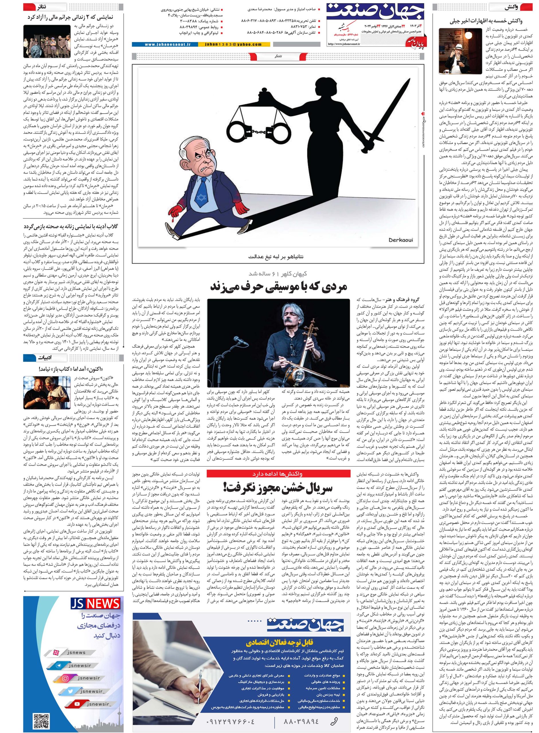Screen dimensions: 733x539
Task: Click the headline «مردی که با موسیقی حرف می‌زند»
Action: point(278,287)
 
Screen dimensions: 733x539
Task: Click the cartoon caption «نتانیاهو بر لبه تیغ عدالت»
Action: point(278,256)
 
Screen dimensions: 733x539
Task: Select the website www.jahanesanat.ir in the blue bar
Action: point(163,44)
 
